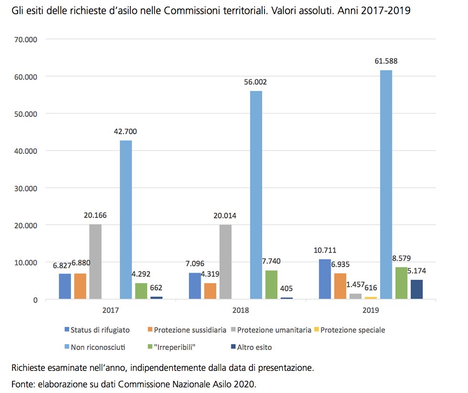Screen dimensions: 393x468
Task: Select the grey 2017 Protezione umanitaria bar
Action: (x=95, y=262)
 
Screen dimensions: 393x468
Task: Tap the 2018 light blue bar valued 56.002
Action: (x=256, y=195)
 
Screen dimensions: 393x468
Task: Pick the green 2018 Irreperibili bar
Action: (x=271, y=285)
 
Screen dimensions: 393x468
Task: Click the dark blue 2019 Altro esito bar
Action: (x=416, y=290)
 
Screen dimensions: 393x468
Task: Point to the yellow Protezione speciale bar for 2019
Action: (x=371, y=298)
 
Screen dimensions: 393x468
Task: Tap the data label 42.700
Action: (x=126, y=131)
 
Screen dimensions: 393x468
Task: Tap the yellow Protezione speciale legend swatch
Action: (x=316, y=330)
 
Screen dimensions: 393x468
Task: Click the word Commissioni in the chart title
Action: (x=197, y=11)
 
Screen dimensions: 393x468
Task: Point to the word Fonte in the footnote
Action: (x=23, y=383)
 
